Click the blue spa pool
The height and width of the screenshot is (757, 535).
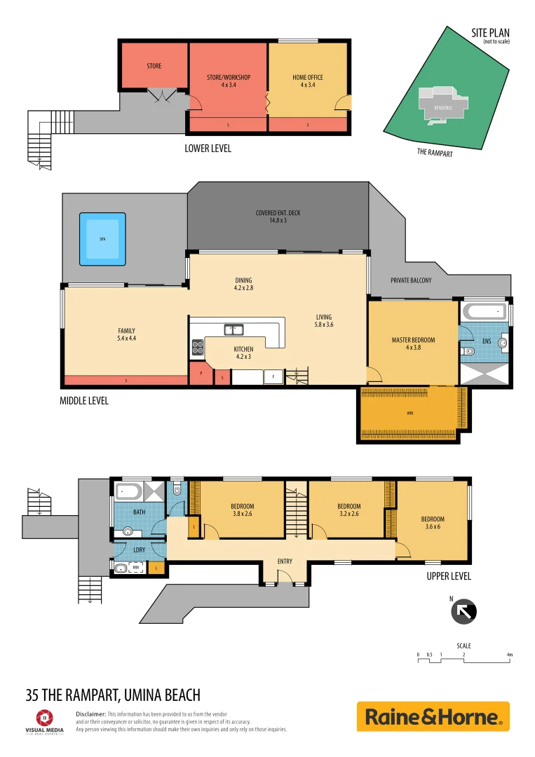pos(102,239)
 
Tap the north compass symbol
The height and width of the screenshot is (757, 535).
pos(463,611)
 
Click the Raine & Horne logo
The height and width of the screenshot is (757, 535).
pos(433,716)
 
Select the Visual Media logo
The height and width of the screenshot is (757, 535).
pos(44,721)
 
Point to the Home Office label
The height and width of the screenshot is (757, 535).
pos(307,81)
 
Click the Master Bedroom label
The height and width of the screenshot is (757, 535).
pos(413,344)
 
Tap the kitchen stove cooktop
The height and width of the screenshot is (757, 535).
pos(197,346)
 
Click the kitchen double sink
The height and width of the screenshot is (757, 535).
pos(233,329)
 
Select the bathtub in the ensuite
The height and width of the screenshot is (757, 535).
pos(485,310)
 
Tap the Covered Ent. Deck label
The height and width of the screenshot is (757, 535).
pos(278,217)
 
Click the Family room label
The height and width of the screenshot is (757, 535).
pos(126,335)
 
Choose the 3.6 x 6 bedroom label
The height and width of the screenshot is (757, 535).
pos(433,523)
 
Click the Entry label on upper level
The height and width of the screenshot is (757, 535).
pos(285,561)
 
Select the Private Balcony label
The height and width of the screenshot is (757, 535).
pos(411,280)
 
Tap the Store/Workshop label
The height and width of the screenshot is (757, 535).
pos(229,81)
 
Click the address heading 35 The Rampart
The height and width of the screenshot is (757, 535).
pos(113,695)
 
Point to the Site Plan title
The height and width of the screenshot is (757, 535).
pos(490,32)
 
